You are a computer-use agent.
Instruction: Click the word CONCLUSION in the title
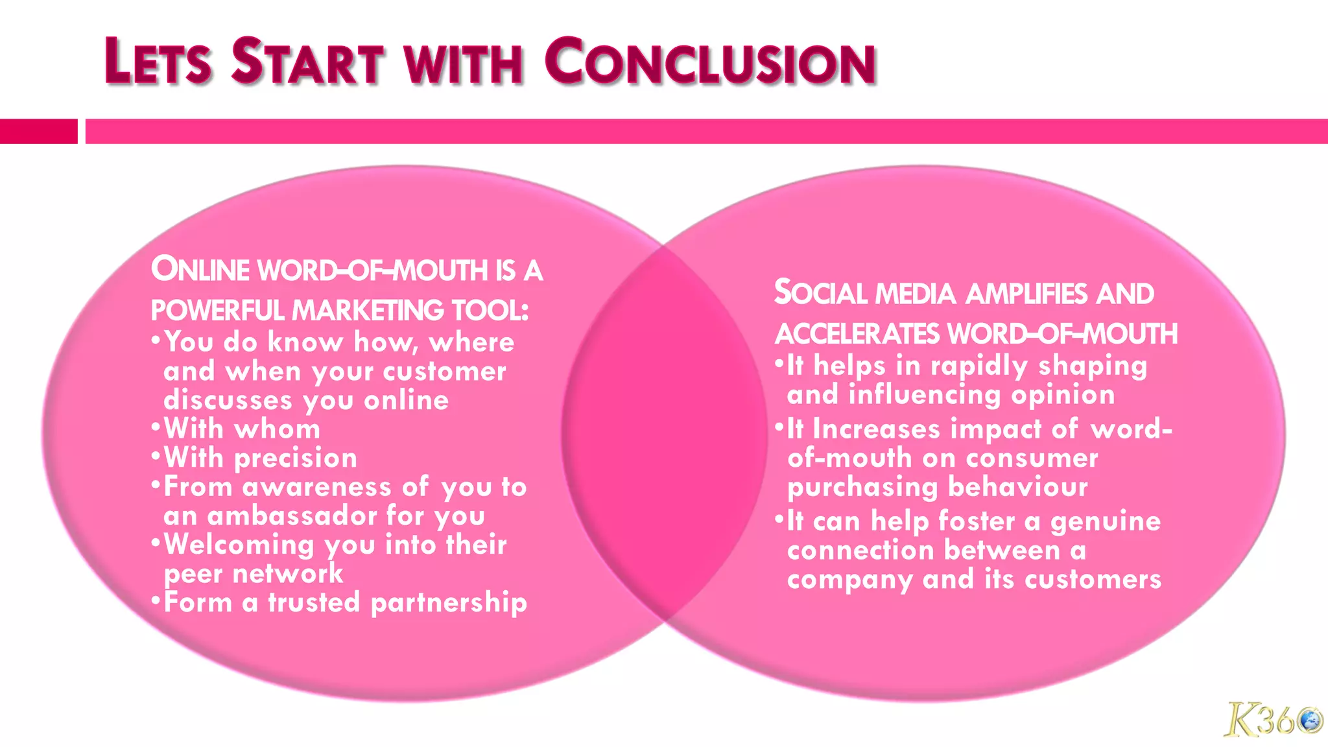click(710, 62)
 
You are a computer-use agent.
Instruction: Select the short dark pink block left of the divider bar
click(38, 131)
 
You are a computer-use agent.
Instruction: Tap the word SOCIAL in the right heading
click(820, 293)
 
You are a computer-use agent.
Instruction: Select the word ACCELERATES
click(857, 335)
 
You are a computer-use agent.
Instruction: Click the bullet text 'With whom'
click(242, 429)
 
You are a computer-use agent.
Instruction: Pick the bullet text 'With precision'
click(260, 458)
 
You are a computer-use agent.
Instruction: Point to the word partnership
click(449, 603)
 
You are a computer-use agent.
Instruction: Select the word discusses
click(228, 400)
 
